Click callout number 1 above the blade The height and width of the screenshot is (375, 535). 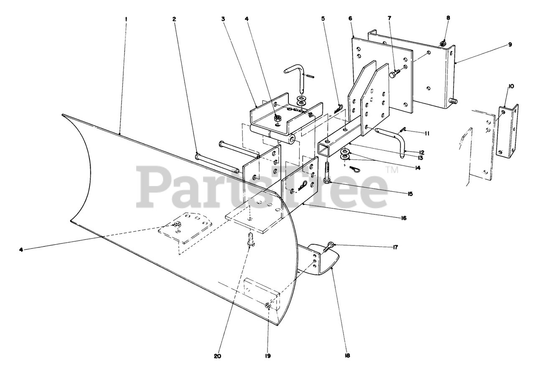pos(126,19)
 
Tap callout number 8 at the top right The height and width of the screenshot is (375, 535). pos(448,18)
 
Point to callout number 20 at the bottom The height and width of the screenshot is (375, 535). pos(217,356)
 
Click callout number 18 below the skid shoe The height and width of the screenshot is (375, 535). pos(347,356)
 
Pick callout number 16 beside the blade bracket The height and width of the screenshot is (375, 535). pos(403,218)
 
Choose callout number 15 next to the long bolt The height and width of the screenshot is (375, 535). pos(410,194)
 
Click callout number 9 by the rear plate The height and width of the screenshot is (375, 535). pos(510,44)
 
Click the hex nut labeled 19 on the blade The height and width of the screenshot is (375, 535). pos(267,307)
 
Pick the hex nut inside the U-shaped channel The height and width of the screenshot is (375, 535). pos(278,119)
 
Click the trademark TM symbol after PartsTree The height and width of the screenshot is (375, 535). pos(392,169)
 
